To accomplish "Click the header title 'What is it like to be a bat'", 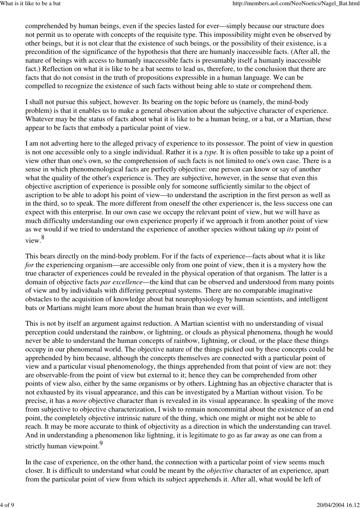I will [31, 4].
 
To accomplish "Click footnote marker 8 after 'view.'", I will [43, 237].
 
